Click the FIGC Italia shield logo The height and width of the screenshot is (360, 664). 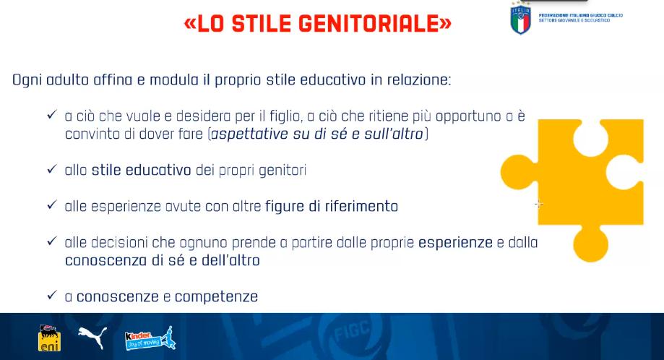click(520, 19)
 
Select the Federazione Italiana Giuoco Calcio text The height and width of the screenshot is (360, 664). click(581, 17)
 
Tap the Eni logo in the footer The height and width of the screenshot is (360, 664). click(50, 338)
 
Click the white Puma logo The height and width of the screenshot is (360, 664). click(92, 337)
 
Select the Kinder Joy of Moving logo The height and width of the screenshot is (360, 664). click(150, 338)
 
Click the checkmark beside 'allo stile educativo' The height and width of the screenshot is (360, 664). click(52, 169)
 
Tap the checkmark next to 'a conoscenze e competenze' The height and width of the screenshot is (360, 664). click(52, 295)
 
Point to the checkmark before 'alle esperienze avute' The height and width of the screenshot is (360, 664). click(52, 205)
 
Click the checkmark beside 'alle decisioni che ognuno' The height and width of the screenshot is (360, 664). click(52, 241)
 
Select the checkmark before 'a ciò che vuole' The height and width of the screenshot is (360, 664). click(52, 115)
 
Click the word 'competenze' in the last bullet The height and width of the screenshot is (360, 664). click(216, 297)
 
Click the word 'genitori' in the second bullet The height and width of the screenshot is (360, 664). click(283, 171)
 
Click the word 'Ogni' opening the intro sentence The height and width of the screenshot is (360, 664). click(27, 80)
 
